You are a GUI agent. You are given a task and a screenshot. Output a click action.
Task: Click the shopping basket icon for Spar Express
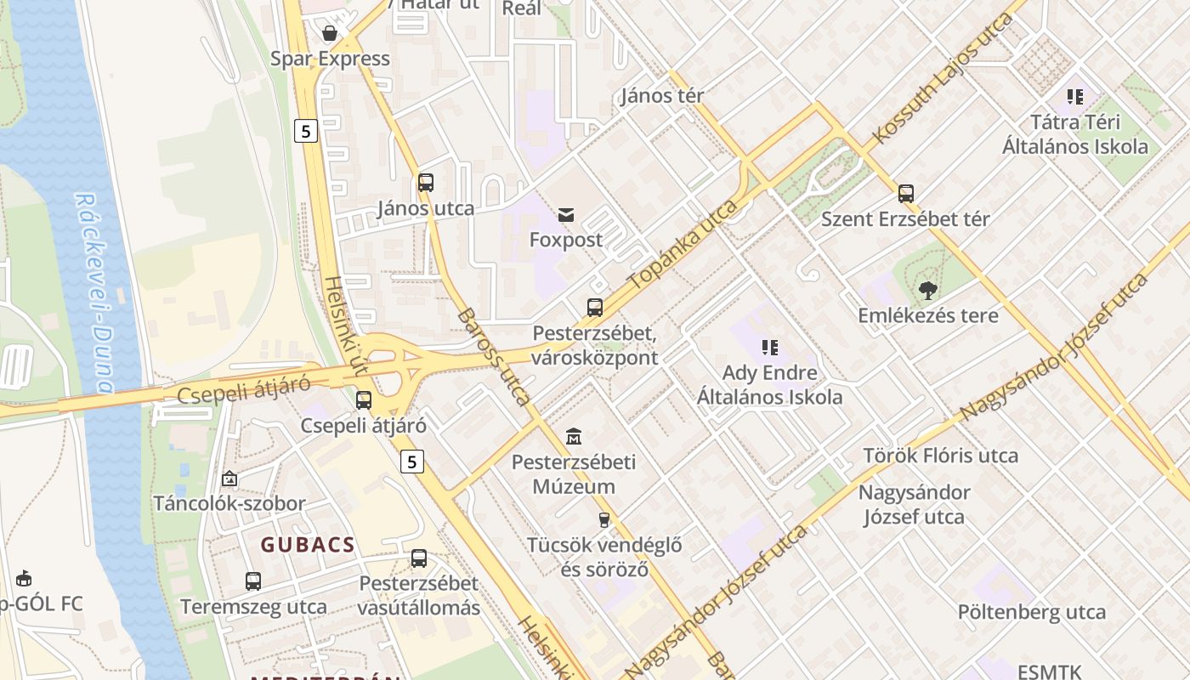click(x=330, y=33)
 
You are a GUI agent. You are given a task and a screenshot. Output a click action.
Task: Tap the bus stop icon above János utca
click(x=426, y=182)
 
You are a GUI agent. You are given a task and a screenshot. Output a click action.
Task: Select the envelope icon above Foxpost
click(x=566, y=215)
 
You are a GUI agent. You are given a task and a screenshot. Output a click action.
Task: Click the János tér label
click(x=662, y=95)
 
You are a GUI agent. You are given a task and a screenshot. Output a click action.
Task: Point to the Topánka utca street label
click(x=682, y=246)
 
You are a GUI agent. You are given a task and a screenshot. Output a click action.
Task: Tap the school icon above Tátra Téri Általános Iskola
click(x=1075, y=97)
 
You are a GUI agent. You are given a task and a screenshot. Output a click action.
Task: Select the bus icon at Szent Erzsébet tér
click(x=906, y=194)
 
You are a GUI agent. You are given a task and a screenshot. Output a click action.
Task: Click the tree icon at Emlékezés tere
click(x=927, y=291)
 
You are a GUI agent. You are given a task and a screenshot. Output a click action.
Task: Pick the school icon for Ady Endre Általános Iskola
click(x=770, y=347)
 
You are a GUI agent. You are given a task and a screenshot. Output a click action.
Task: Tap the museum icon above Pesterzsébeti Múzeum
click(x=574, y=437)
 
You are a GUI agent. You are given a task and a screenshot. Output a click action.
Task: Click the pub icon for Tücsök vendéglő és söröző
click(x=604, y=519)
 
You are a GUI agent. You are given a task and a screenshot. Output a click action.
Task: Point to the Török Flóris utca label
click(x=940, y=456)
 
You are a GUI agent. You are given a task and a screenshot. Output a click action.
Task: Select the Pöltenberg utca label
click(x=1032, y=612)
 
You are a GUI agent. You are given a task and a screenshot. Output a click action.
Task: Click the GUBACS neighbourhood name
click(x=308, y=545)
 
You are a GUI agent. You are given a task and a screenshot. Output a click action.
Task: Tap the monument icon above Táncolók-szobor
click(x=229, y=479)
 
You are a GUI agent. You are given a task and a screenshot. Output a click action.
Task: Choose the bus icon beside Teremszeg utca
click(x=253, y=581)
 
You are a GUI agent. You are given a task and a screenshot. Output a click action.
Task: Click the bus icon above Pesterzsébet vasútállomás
click(x=419, y=558)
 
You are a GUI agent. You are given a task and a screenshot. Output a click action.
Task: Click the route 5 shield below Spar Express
click(x=306, y=131)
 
